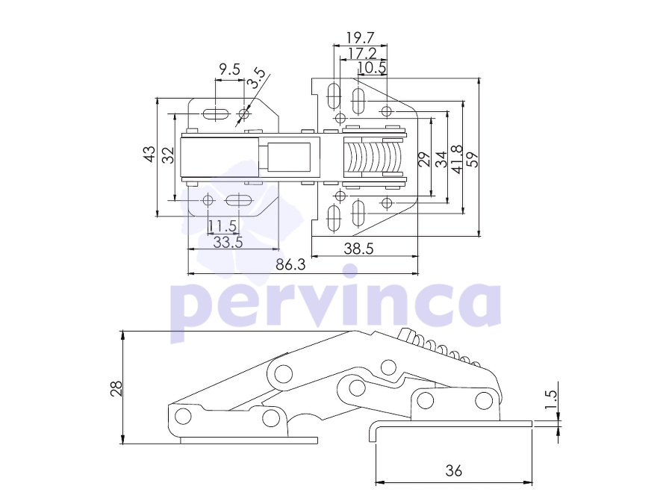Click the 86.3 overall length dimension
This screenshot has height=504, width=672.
coord(290,264)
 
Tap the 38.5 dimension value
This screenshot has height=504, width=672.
coord(358,249)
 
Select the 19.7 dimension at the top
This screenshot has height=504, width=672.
coord(361,38)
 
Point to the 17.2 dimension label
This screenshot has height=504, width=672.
coord(362,53)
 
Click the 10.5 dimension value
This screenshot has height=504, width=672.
coord(372,67)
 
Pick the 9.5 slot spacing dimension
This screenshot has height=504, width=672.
coord(229,69)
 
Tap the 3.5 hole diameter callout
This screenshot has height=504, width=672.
coord(258,78)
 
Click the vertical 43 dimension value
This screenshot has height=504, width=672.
coord(149,155)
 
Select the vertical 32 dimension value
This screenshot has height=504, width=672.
coord(168,155)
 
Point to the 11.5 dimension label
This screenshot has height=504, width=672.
coord(223,225)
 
